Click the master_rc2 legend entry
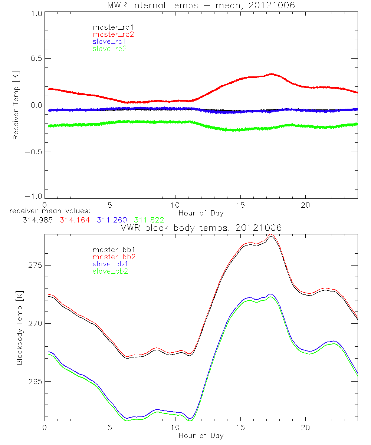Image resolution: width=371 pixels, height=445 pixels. point(113,34)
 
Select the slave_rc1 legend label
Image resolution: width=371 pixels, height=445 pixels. point(109,42)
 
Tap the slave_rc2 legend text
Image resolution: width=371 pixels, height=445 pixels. point(109,49)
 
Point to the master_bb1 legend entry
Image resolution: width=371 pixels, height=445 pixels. point(113,250)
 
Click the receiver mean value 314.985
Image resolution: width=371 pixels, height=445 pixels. point(38,220)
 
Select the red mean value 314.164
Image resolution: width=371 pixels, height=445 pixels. point(75,220)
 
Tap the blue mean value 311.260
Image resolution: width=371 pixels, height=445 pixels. point(112,220)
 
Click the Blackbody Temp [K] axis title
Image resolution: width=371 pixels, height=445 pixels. point(19,326)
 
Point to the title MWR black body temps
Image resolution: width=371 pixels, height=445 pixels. point(201,228)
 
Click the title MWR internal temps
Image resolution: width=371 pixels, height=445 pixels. point(201,5)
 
